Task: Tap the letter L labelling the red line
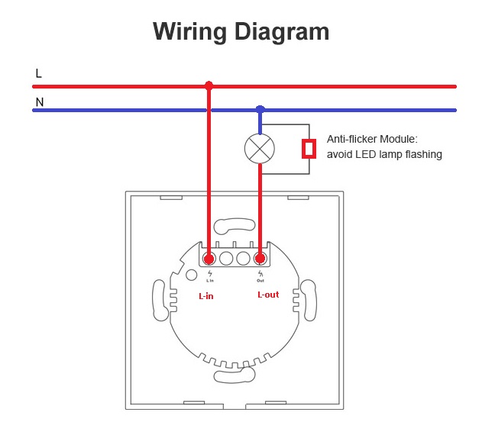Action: tap(39, 73)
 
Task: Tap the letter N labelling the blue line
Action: tap(39, 101)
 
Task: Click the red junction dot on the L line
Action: tap(209, 85)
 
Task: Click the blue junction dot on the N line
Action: tap(260, 110)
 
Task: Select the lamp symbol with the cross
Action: tap(260, 148)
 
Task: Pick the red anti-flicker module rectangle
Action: tap(309, 148)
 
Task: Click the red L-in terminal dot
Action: tap(209, 258)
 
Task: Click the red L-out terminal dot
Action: tap(260, 258)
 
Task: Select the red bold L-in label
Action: tap(205, 296)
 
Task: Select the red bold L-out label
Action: tap(268, 295)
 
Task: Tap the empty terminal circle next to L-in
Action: tap(226, 258)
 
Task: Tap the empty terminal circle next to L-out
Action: tap(244, 258)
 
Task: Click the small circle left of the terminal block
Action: tap(191, 274)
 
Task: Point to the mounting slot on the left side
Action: tap(160, 300)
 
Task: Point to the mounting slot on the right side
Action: tap(309, 300)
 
